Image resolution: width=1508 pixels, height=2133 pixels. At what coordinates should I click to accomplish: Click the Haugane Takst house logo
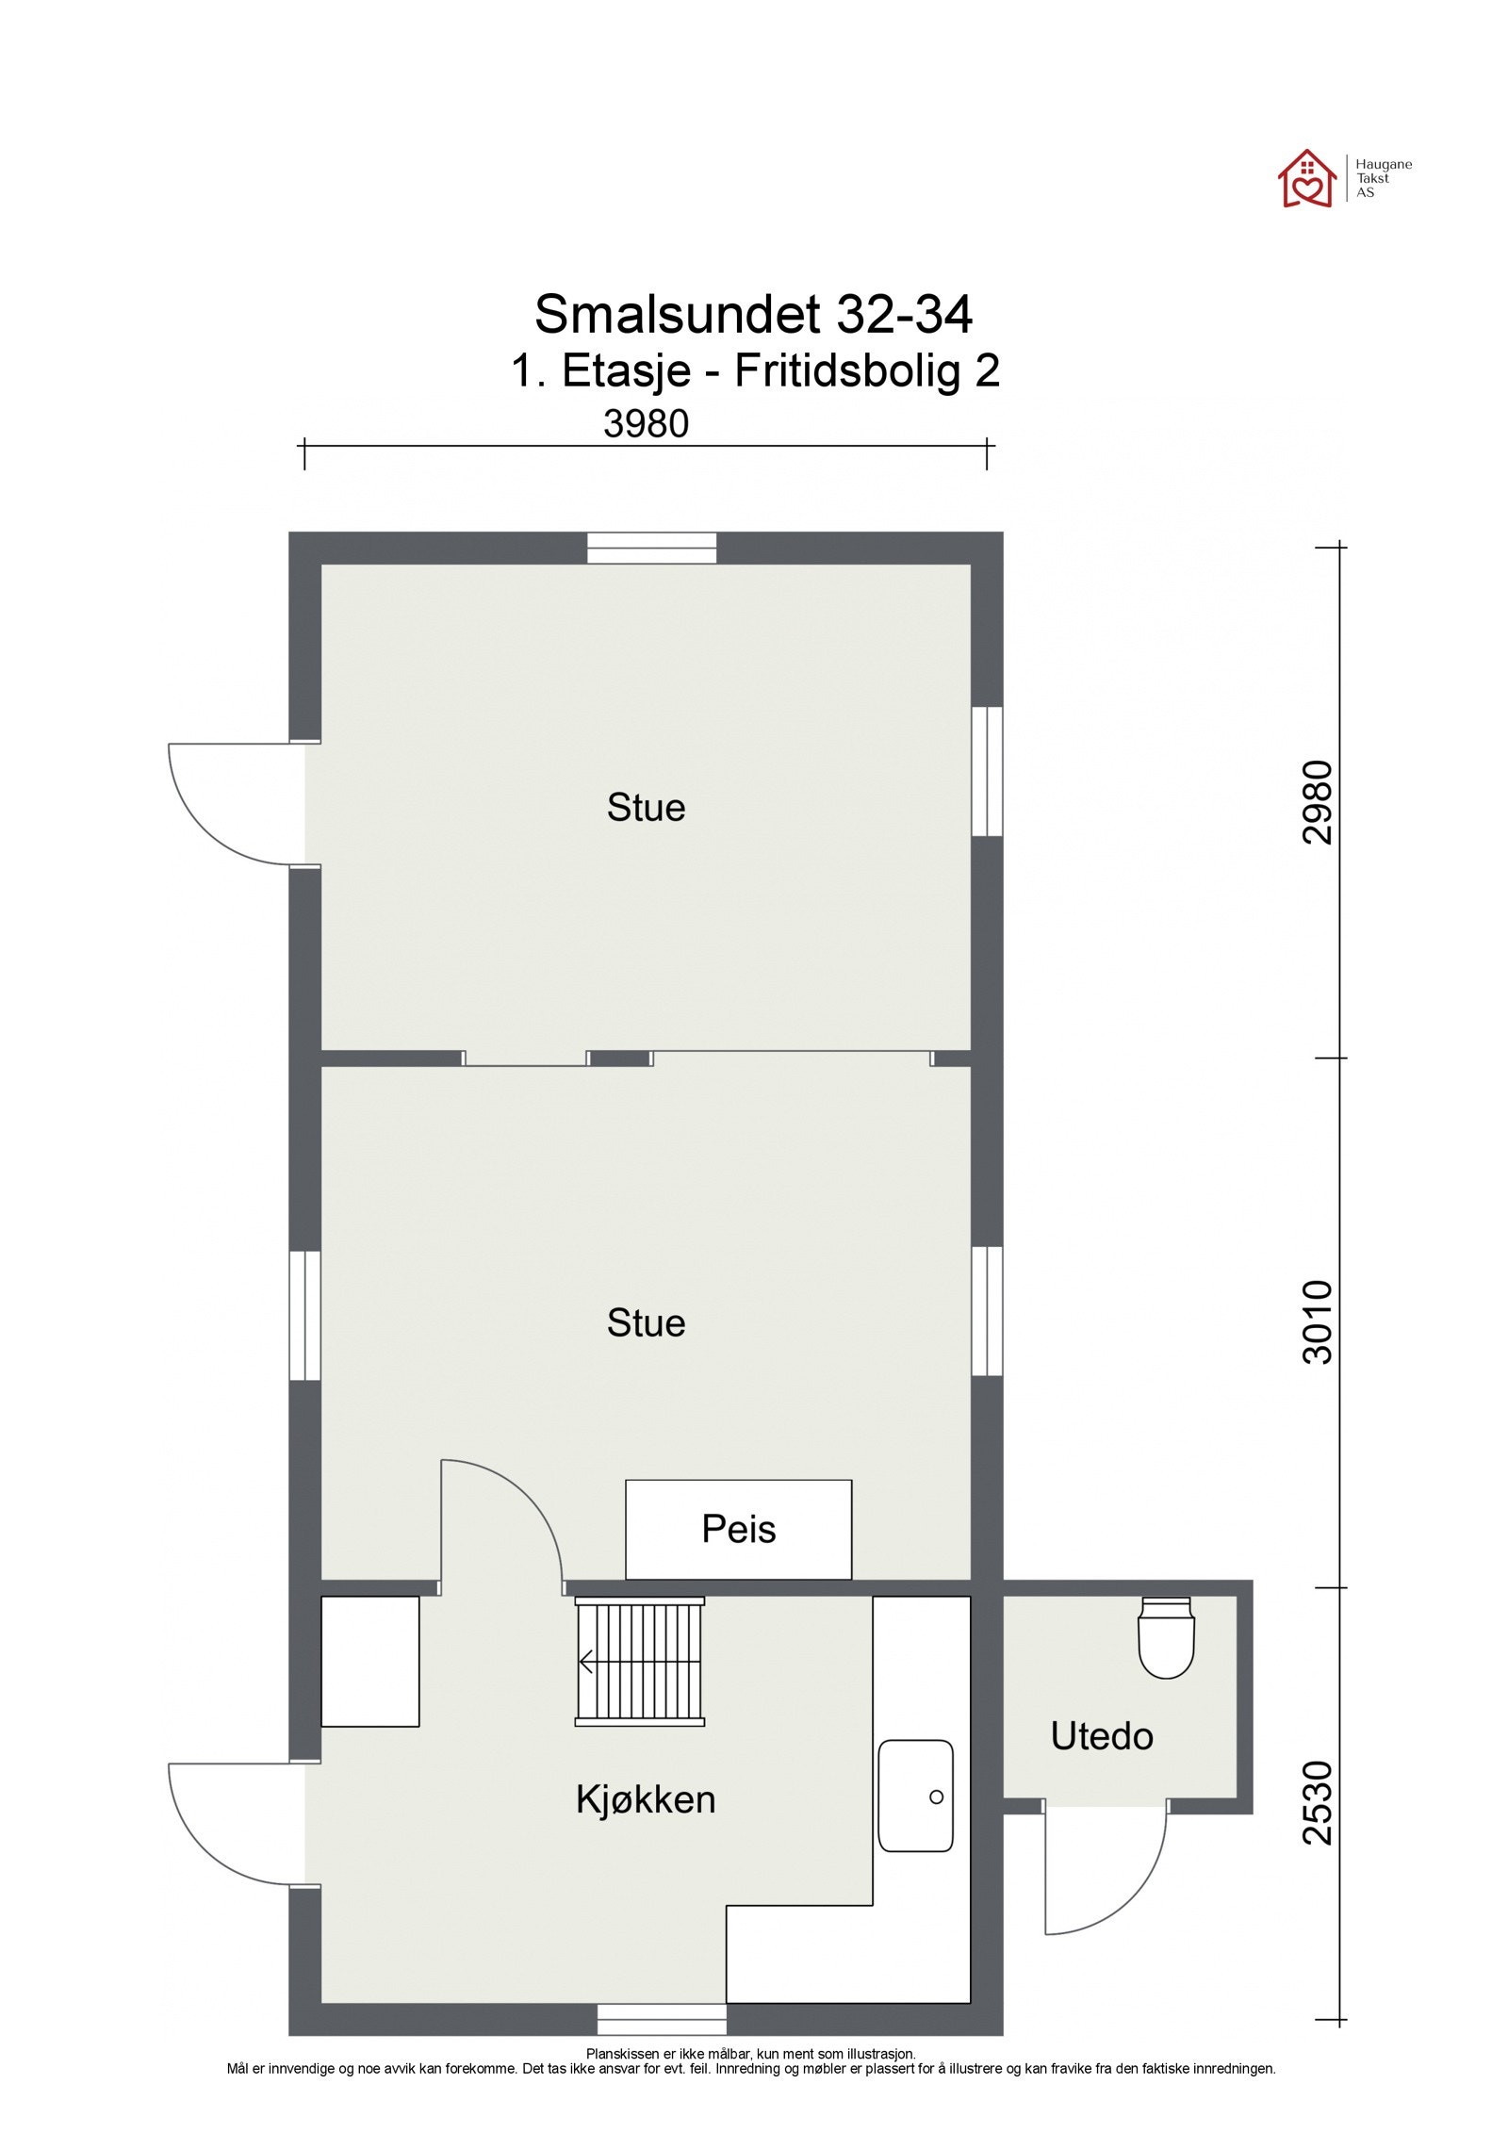pyautogui.click(x=1306, y=177)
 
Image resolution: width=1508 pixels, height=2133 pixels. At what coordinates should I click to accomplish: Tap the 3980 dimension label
pyautogui.click(x=646, y=424)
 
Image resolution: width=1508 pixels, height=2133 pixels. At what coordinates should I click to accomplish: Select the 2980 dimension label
pyautogui.click(x=1318, y=802)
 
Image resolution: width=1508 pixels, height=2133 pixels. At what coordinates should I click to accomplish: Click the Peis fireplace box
pyautogui.click(x=738, y=1529)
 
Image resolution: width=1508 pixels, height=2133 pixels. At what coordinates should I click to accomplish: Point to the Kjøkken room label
pyautogui.click(x=646, y=1799)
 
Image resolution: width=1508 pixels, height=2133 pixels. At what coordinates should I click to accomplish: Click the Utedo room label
pyautogui.click(x=1101, y=1735)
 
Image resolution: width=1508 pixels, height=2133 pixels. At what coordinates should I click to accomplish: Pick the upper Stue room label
pyautogui.click(x=646, y=808)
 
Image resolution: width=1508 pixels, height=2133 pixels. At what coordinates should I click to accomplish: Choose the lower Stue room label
pyautogui.click(x=646, y=1322)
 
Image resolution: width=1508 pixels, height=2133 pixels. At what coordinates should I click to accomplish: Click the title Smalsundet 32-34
pyautogui.click(x=753, y=314)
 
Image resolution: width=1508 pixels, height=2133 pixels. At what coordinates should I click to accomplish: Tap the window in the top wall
pyautogui.click(x=651, y=548)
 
